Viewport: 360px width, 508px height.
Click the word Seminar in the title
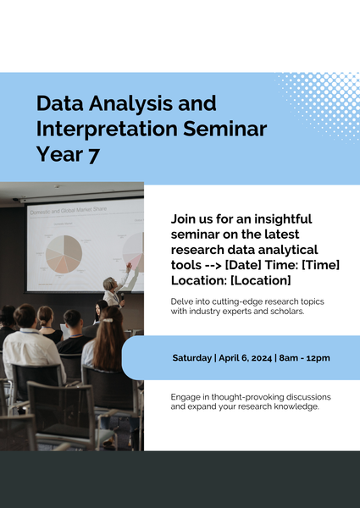(x=224, y=129)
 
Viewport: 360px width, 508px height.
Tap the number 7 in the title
(x=93, y=155)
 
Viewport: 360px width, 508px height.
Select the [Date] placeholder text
(x=243, y=265)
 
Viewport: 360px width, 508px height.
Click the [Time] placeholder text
(x=320, y=265)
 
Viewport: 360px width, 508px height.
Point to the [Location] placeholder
(x=261, y=280)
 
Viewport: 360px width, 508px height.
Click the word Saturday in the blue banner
(x=191, y=358)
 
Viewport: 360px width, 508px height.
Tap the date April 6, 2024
(x=246, y=358)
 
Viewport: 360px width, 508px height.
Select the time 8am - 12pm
(x=304, y=358)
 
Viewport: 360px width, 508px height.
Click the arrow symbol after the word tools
(x=213, y=265)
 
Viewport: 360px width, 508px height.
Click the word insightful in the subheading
(x=283, y=219)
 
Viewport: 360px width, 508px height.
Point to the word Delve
(x=180, y=301)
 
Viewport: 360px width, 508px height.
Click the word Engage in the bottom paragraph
(x=182, y=397)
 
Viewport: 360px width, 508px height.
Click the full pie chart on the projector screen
(x=64, y=254)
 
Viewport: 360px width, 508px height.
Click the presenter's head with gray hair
(x=109, y=284)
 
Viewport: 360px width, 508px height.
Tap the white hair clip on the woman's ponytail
(x=108, y=320)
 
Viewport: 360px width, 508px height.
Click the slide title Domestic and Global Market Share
(x=69, y=211)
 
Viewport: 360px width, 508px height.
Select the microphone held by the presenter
(x=123, y=298)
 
